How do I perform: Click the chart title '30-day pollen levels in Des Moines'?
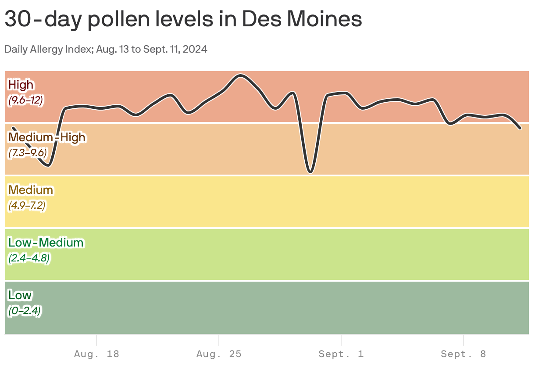(x=183, y=19)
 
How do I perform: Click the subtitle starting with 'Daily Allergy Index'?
(x=106, y=49)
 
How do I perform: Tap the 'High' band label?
(x=21, y=84)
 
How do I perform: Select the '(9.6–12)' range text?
(x=25, y=100)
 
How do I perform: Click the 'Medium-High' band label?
(x=47, y=137)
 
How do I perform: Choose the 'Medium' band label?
(x=31, y=190)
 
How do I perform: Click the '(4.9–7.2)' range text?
(x=27, y=205)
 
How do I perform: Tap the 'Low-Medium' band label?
(x=46, y=242)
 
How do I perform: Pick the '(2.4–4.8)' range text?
(x=29, y=258)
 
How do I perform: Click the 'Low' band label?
(x=20, y=295)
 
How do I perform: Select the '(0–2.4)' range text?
(x=25, y=311)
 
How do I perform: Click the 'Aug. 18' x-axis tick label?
(x=96, y=354)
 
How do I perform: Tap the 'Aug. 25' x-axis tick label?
(x=219, y=354)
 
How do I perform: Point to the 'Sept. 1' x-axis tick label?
(x=341, y=354)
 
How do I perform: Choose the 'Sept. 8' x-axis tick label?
(x=464, y=354)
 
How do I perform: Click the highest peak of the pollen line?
(x=240, y=75)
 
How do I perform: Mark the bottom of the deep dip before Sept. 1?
(x=310, y=172)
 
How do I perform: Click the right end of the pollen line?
(x=520, y=128)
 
